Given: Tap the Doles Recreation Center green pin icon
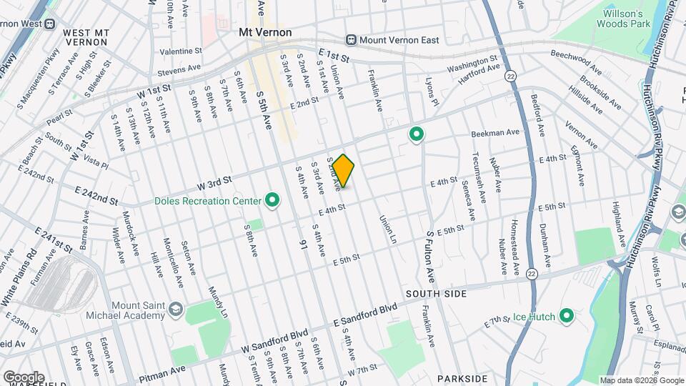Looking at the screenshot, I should coord(272,201).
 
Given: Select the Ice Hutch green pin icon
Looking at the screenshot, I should coord(567,315).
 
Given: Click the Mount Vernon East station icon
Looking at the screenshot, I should coord(351,40).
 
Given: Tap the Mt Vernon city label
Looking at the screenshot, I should coord(265,33).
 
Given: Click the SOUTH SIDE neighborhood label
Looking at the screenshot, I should coord(436,294).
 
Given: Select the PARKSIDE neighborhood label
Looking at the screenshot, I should coord(463,378).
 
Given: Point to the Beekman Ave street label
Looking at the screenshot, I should coord(494,133).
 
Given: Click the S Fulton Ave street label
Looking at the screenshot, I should coord(431,255).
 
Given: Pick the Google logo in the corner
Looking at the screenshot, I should coord(24,377).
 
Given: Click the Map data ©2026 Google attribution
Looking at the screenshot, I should coord(642,380).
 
